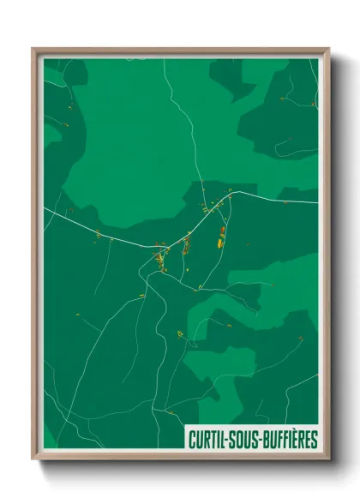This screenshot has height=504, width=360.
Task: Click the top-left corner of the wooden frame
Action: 33,49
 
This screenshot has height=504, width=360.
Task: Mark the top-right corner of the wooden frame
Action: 328,49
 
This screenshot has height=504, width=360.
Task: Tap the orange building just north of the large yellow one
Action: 222,231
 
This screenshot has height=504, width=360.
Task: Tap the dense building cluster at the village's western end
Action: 159,255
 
